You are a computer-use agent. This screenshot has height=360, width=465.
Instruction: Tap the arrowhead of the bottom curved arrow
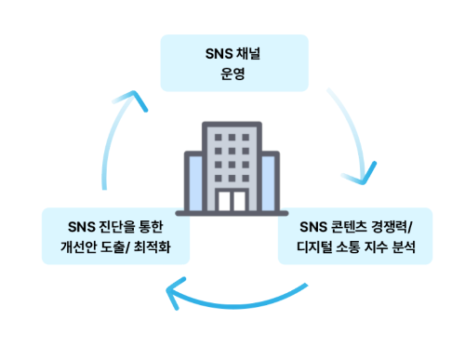[x=174, y=295]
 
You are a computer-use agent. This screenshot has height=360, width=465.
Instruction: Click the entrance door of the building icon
[x=232, y=199]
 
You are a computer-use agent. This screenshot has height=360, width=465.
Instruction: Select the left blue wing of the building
[x=194, y=182]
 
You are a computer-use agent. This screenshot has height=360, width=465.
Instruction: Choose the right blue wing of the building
[x=269, y=182]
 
